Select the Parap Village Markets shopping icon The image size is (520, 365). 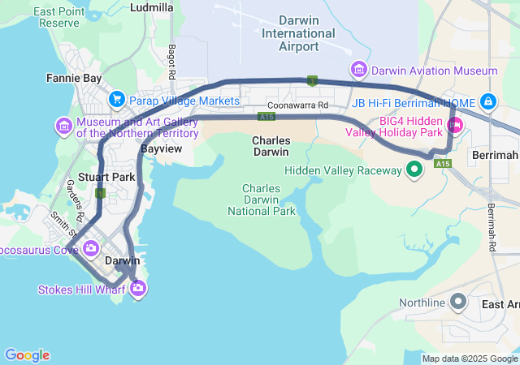click(117, 101)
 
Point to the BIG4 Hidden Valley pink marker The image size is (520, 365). click(455, 125)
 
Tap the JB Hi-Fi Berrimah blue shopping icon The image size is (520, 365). click(487, 102)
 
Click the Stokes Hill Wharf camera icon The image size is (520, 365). click(138, 287)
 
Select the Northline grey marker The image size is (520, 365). click(457, 303)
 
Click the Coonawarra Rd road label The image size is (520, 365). click(297, 105)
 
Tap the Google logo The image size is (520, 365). click(27, 355)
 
